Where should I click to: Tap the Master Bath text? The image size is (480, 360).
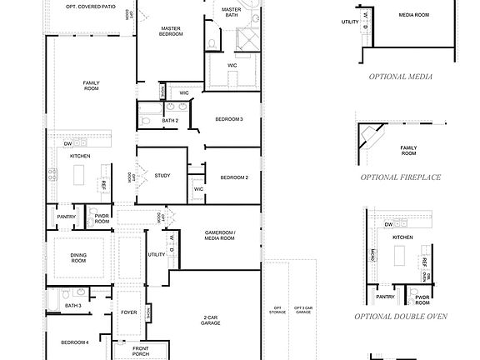pos(232,12)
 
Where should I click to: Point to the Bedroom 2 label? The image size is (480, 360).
pos(234,177)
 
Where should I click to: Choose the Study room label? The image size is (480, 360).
pos(162,175)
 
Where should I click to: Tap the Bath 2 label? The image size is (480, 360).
pos(170,121)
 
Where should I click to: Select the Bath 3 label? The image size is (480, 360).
pos(73,305)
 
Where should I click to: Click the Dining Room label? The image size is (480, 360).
pos(78,258)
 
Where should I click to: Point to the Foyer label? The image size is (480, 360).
pos(128,312)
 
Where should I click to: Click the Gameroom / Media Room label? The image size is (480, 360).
pos(220,236)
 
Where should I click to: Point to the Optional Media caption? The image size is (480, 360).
pos(400,76)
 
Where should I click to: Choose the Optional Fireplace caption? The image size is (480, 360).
pos(400,177)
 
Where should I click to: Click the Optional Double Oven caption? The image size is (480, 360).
pos(400,317)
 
